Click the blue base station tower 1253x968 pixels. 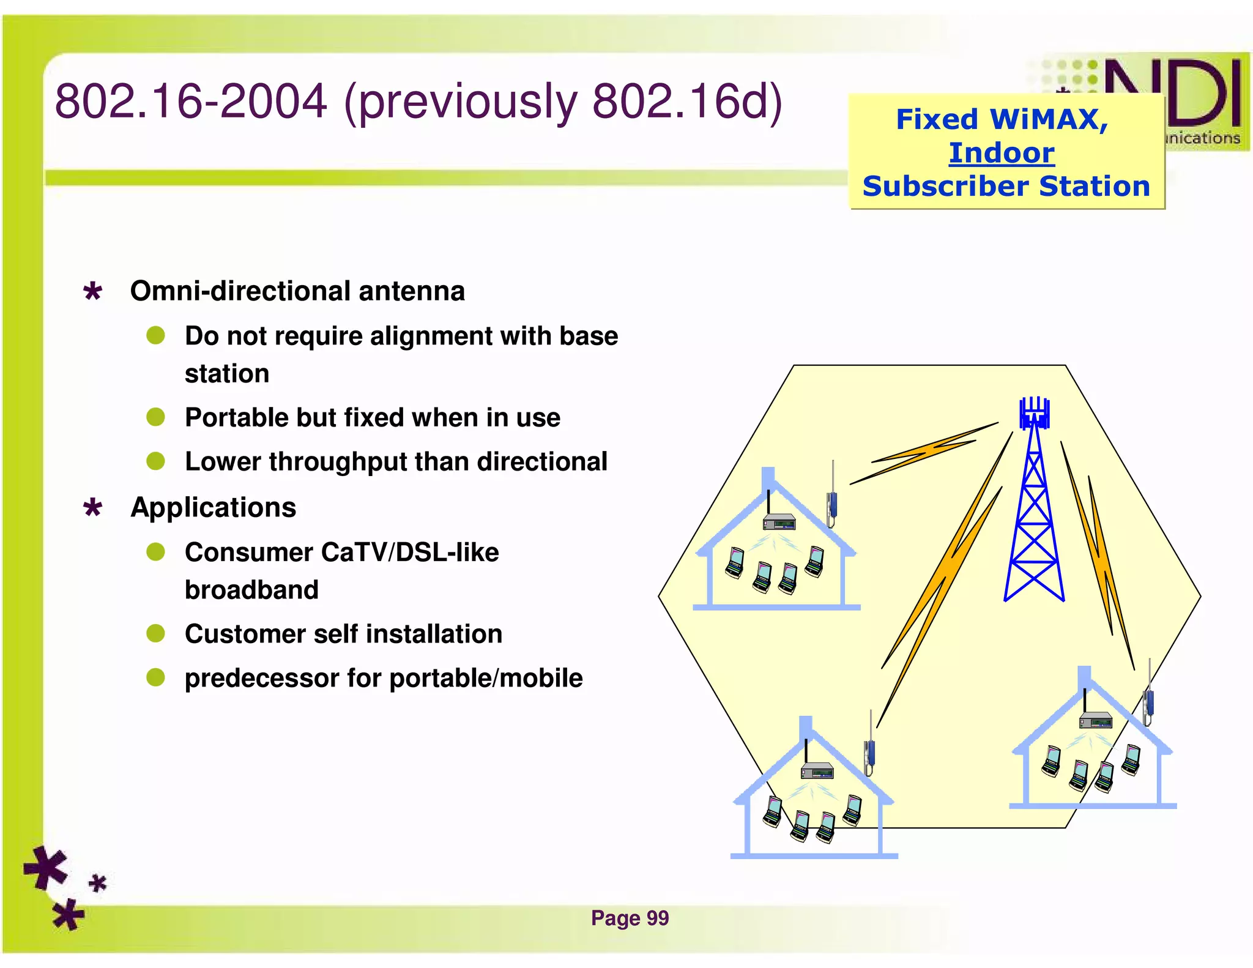[x=1034, y=520]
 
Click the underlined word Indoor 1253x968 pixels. [x=1002, y=153]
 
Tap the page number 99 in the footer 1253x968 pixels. [x=658, y=918]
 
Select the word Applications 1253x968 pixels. [x=213, y=507]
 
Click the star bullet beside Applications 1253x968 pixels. [x=92, y=508]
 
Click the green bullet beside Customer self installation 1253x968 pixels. [x=155, y=633]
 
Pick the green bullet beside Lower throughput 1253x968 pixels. [x=155, y=461]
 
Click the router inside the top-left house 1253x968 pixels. [x=779, y=522]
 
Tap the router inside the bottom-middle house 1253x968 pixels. [x=817, y=771]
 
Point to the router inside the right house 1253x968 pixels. [x=1095, y=720]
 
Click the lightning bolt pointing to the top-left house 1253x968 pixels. [x=924, y=453]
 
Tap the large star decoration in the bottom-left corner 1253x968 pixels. [x=45, y=868]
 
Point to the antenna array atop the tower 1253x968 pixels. [x=1034, y=413]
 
